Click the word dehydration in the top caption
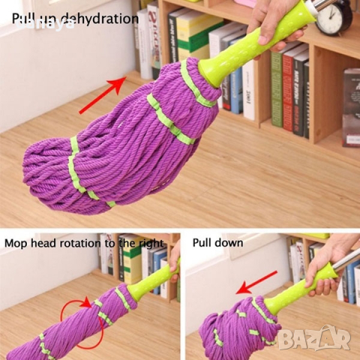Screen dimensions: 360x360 [102, 18]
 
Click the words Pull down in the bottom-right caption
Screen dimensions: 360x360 [217, 244]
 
